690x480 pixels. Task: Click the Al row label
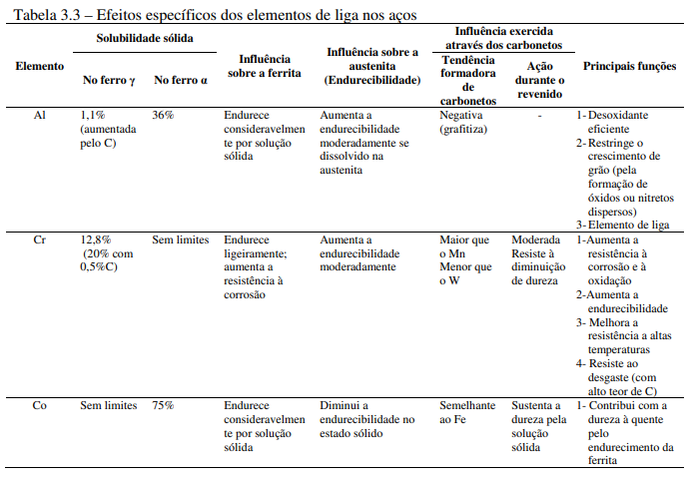39,116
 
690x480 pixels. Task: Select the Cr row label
39,240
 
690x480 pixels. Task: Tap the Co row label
39,406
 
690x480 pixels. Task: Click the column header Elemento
40,66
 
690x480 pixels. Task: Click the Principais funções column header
628,66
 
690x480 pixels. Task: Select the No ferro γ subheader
107,79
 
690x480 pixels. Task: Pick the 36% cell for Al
164,116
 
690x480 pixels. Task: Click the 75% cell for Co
164,406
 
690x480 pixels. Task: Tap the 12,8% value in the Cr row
95,240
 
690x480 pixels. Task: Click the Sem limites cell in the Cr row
180,240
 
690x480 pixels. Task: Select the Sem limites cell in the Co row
108,406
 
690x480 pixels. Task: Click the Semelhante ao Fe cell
467,413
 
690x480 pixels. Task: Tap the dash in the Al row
539,116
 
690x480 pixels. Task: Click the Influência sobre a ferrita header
266,66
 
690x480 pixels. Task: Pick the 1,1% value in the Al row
92,116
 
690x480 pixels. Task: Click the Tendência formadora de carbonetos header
467,79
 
